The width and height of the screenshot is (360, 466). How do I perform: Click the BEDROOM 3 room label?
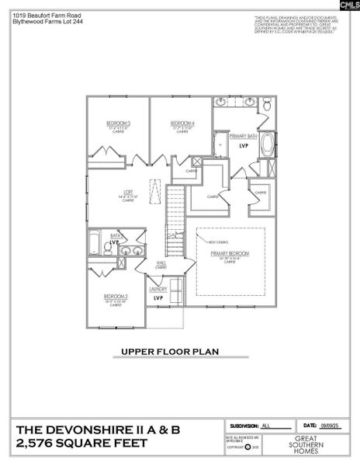pyautogui.click(x=118, y=123)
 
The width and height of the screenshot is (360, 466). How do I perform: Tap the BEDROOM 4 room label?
pyautogui.click(x=182, y=123)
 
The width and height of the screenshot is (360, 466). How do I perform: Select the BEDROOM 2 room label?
pyautogui.click(x=116, y=296)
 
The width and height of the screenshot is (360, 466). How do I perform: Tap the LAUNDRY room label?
pyautogui.click(x=159, y=289)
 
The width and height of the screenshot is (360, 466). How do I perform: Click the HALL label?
pyautogui.click(x=161, y=264)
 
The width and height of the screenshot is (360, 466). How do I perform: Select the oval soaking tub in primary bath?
pyautogui.click(x=268, y=144)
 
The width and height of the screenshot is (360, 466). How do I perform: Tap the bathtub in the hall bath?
pyautogui.click(x=95, y=242)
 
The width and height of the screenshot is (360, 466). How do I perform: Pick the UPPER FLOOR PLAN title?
pyautogui.click(x=169, y=351)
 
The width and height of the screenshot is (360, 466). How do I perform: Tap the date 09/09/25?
pyautogui.click(x=334, y=426)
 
